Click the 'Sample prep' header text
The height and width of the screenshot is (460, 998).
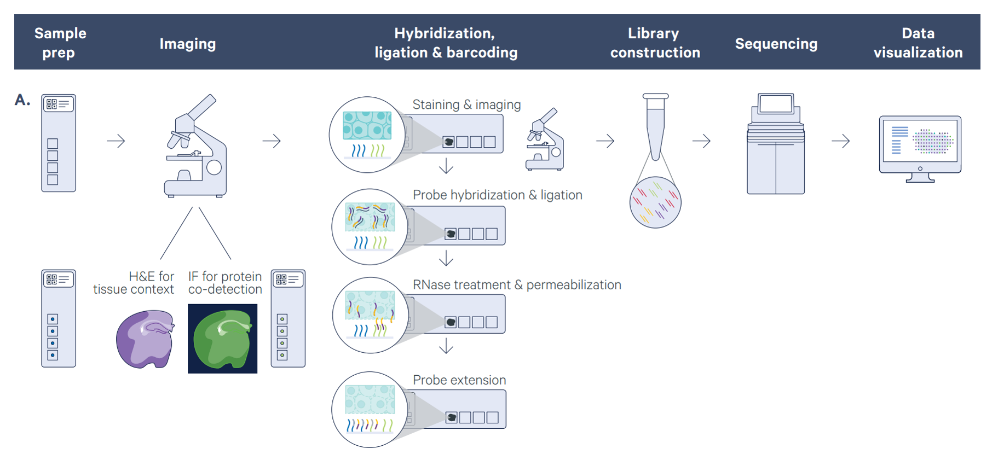tap(60, 43)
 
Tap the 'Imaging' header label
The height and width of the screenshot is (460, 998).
tap(187, 44)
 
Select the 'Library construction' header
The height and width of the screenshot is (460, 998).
tap(655, 43)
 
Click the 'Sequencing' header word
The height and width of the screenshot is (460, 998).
tap(776, 44)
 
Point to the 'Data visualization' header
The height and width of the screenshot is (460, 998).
tap(918, 43)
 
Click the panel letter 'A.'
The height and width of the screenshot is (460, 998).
tap(22, 100)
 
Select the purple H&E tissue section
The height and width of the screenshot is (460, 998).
tap(145, 339)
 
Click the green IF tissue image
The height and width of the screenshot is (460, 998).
tap(222, 339)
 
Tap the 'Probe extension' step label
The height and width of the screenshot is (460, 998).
tap(459, 380)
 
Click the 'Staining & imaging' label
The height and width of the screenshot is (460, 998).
tap(466, 104)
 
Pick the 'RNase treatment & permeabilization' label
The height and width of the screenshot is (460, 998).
tap(517, 285)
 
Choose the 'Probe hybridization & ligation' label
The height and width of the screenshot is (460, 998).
tap(497, 195)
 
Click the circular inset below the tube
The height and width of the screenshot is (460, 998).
tap(655, 202)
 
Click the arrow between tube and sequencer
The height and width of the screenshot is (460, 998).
tap(701, 141)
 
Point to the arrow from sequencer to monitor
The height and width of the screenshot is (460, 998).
tap(840, 141)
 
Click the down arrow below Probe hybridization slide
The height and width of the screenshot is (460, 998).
tap(446, 258)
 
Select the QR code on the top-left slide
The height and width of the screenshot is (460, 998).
tap(51, 104)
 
